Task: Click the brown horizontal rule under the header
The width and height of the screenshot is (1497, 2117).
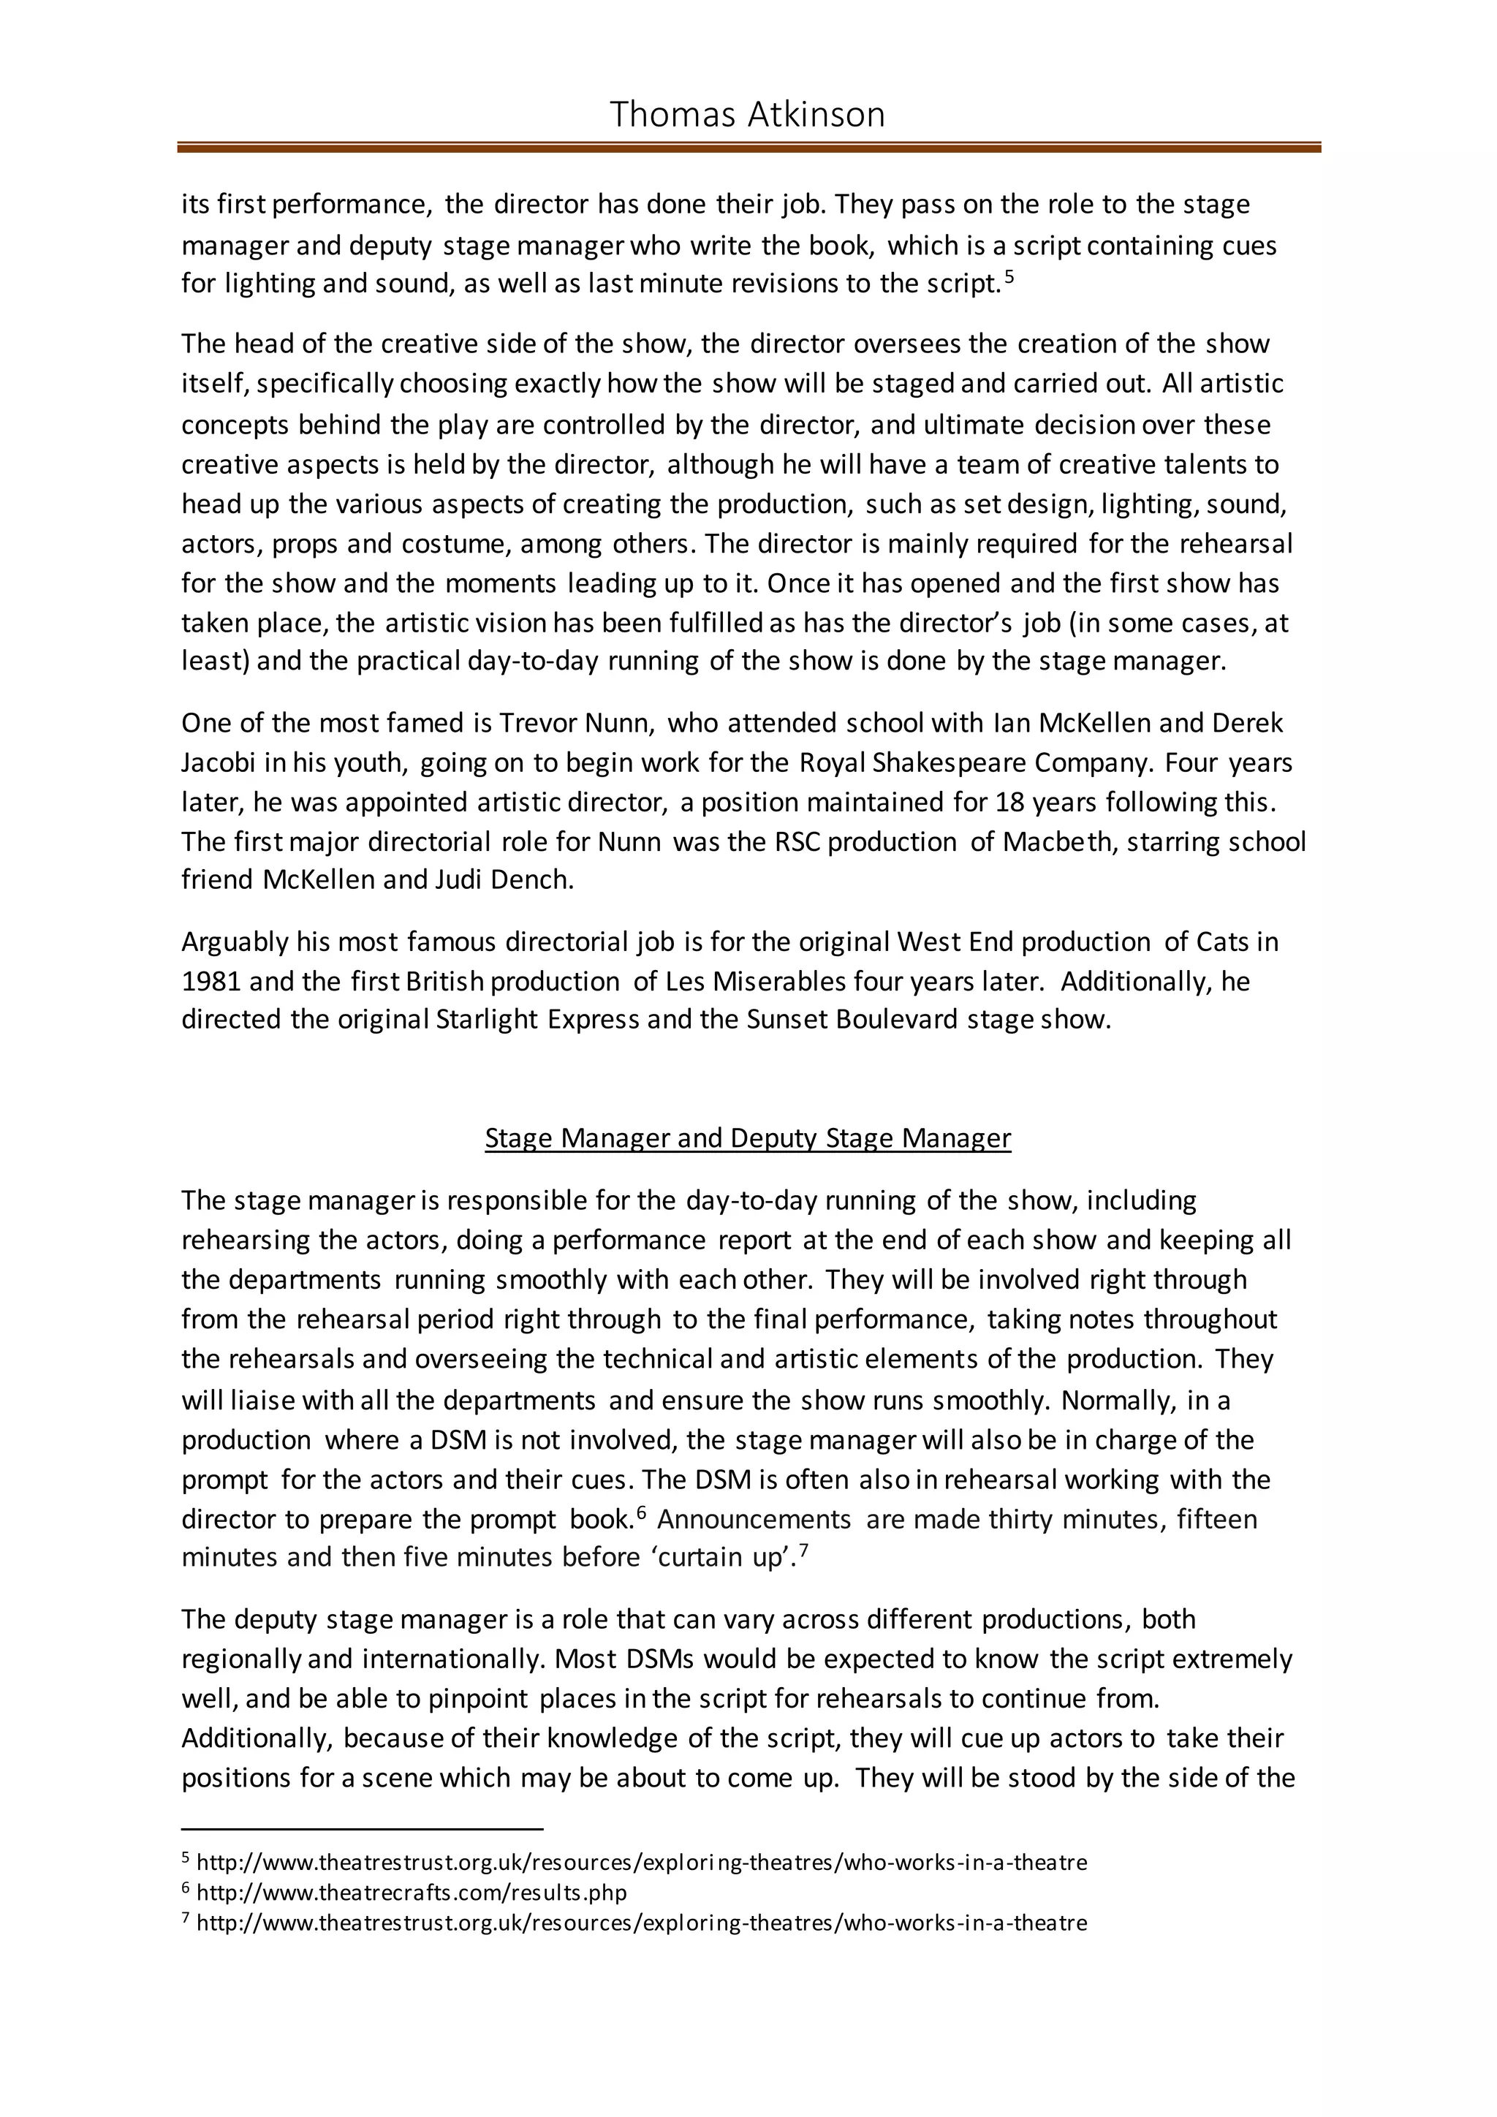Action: tap(748, 148)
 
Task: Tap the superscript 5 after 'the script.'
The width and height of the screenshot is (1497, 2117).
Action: tap(1009, 276)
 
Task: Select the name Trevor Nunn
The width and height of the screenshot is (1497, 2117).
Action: tap(576, 722)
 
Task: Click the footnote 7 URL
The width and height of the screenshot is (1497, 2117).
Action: tap(642, 1923)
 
